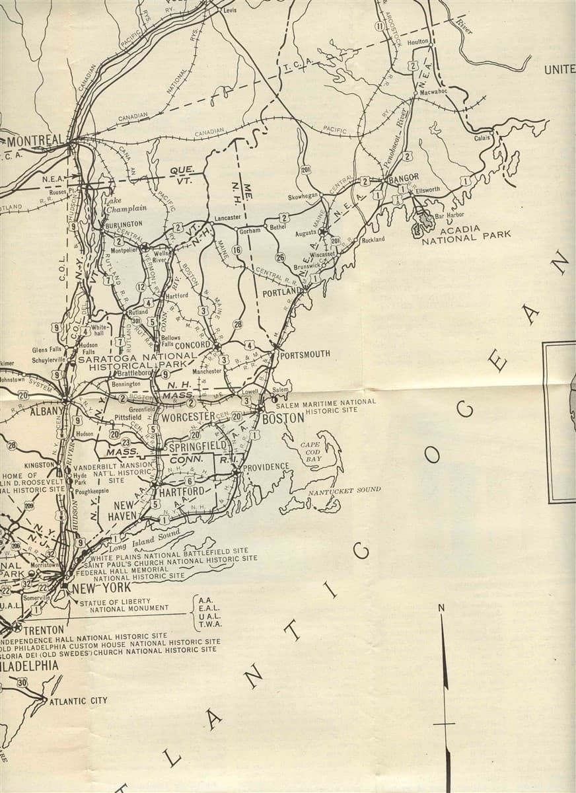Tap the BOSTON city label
(283, 418)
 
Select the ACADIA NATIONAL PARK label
(466, 235)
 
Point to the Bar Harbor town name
(449, 215)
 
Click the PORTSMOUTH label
(305, 354)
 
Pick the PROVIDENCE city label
(266, 467)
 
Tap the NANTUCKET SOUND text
(344, 490)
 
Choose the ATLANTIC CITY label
(78, 700)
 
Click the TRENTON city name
(44, 630)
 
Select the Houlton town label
(418, 42)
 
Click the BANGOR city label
(404, 178)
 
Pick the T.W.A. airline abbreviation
(210, 624)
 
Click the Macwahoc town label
(433, 92)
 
